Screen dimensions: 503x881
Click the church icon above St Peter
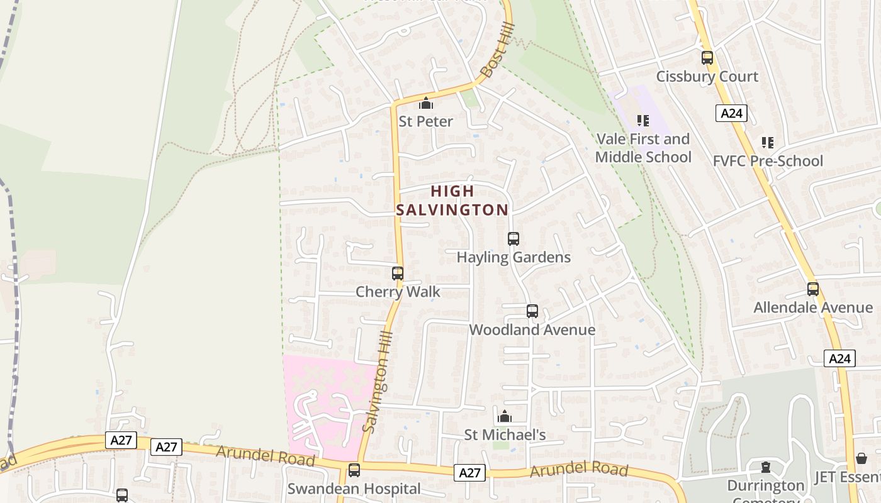tap(426, 103)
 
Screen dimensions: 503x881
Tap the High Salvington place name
tap(452, 201)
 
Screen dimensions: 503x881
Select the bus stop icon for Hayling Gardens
tap(513, 239)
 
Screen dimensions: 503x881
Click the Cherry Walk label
tap(398, 292)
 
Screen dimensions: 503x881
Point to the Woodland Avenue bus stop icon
tap(532, 311)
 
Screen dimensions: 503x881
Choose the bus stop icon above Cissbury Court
tap(707, 58)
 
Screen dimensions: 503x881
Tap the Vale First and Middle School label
tap(643, 148)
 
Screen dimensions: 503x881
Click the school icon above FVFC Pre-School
tap(767, 143)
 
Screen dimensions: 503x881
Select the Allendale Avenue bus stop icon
tap(813, 289)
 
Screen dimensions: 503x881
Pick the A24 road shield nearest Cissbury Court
tap(731, 113)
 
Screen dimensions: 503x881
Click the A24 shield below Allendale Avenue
tap(839, 358)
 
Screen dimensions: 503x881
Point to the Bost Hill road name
tap(497, 51)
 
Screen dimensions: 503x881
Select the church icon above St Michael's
tap(504, 416)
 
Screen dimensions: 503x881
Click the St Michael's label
tap(505, 434)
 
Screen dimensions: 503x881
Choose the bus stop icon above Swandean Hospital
tap(354, 470)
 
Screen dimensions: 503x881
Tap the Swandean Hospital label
tap(354, 489)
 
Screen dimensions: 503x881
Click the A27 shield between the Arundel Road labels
tap(469, 473)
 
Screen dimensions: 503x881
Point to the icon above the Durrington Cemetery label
tap(766, 467)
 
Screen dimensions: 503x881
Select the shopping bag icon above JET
tap(861, 459)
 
